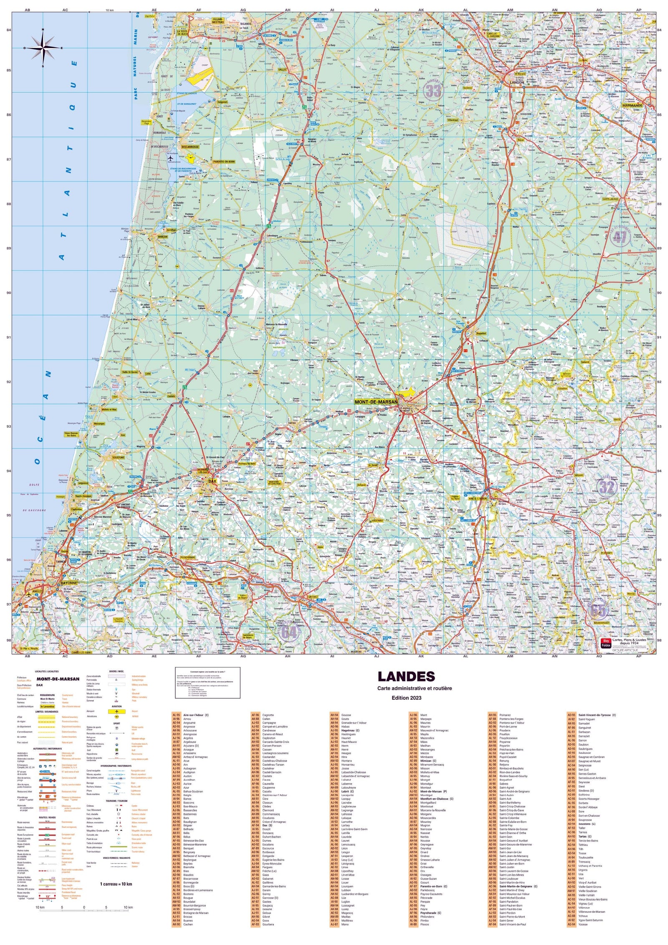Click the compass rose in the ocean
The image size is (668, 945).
43,48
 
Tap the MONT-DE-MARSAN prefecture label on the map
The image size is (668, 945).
376,402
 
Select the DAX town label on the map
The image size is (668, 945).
212,481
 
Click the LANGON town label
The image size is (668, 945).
516,83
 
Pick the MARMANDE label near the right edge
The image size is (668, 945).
632,106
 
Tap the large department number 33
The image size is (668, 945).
433,91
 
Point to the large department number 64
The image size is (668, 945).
289,632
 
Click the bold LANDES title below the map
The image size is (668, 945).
400,676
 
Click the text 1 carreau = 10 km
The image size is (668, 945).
116,884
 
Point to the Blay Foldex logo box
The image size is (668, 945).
606,643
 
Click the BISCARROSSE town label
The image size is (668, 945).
190,147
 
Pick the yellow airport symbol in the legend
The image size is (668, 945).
117,711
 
